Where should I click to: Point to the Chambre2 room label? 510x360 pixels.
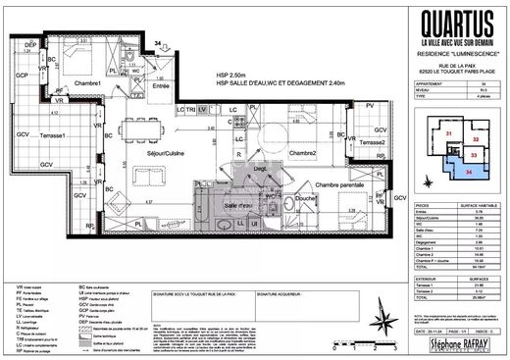(302, 155)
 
